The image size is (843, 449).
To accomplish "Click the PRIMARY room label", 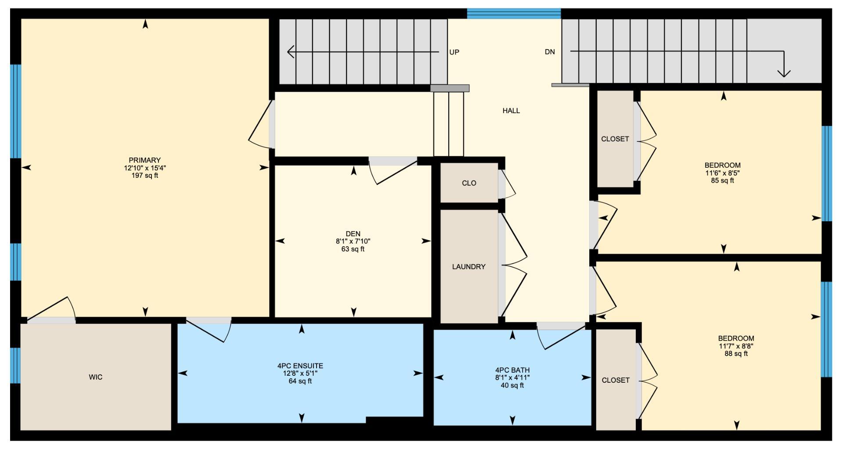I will tap(144, 160).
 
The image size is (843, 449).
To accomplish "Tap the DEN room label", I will tap(353, 233).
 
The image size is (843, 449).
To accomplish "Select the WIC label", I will tap(96, 377).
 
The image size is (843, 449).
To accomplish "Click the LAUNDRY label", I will tap(468, 266).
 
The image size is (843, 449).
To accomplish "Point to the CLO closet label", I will tap(469, 183).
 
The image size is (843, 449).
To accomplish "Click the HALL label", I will tap(511, 111).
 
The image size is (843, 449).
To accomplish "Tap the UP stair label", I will tap(454, 52).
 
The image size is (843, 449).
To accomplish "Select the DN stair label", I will tap(550, 52).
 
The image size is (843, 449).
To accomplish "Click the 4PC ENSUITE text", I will tap(300, 366).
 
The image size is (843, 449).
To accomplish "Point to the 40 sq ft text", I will tap(512, 385).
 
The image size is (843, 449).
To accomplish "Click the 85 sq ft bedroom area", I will tap(722, 180).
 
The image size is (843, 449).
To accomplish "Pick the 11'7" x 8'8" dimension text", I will tap(736, 346).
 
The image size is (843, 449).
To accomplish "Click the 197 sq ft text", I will tap(144, 176).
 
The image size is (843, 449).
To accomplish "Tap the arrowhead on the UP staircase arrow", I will tap(290, 52).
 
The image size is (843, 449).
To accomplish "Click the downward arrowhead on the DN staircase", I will tap(784, 73).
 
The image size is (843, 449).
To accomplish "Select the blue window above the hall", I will tap(513, 14).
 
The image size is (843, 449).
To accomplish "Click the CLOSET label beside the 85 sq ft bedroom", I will tap(615, 139).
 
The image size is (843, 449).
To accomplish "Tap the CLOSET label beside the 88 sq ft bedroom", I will tap(616, 380).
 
